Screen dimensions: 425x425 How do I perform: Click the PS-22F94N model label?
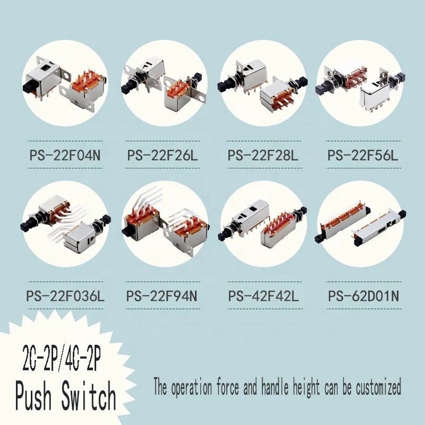click(163, 296)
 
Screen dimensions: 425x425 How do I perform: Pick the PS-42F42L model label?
click(263, 296)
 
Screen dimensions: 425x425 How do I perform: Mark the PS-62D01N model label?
click(363, 296)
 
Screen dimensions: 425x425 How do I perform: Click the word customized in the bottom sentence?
click(377, 387)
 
